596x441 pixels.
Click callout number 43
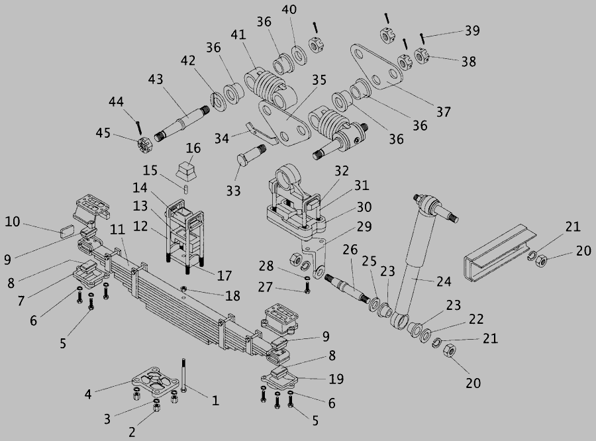pyautogui.click(x=156, y=79)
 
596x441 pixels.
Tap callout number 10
pyautogui.click(x=13, y=220)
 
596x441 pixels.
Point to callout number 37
pyautogui.click(x=443, y=112)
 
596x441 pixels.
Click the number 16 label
pyautogui.click(x=193, y=147)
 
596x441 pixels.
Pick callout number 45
pyautogui.click(x=103, y=132)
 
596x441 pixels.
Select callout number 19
pyautogui.click(x=336, y=379)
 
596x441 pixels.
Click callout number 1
pyautogui.click(x=215, y=400)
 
